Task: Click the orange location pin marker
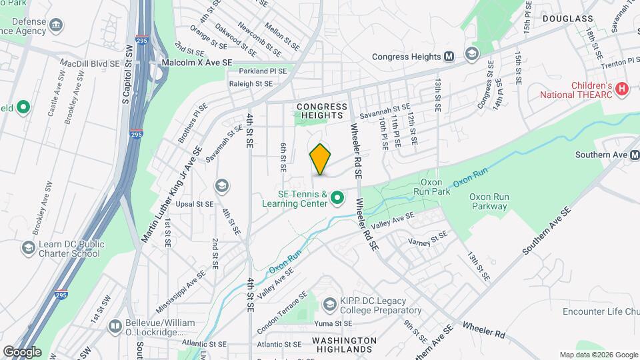coord(321,159)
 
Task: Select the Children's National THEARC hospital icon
coord(622,88)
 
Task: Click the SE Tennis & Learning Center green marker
coord(338,198)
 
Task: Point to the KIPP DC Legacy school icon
coord(329,305)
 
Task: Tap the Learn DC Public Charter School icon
coord(28,248)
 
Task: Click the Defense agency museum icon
coord(57,25)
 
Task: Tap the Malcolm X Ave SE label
coord(198,62)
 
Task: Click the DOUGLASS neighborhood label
coord(567,19)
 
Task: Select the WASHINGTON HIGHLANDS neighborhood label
coord(343,345)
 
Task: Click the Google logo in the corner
coord(21,351)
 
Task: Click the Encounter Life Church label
coord(601,311)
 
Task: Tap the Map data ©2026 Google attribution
coord(598,355)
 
